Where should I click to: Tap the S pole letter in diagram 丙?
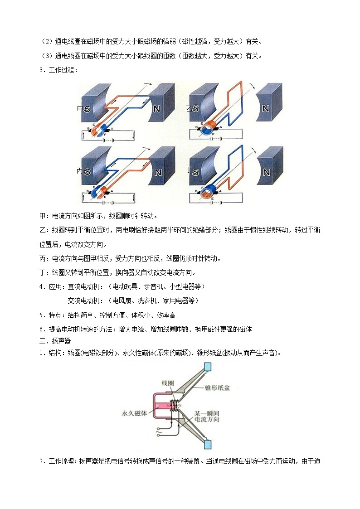pyautogui.click(x=86, y=172)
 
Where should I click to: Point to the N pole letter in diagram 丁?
pyautogui.click(x=266, y=172)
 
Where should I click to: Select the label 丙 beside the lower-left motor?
pyautogui.click(x=80, y=171)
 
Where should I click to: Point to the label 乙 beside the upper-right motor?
pyautogui.click(x=190, y=108)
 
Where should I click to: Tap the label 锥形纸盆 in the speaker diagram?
pyautogui.click(x=221, y=388)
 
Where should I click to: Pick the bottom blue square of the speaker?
pyautogui.click(x=208, y=445)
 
